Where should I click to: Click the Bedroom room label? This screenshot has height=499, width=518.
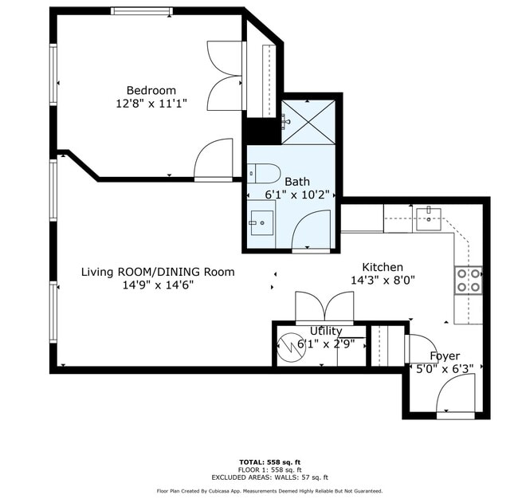pos(151,90)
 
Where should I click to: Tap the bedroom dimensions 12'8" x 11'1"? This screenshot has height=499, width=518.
pos(151,104)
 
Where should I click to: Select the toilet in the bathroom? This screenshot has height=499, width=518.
pos(264,172)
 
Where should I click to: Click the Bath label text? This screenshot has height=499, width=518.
pos(297,182)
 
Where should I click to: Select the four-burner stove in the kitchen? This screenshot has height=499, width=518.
pos(468,280)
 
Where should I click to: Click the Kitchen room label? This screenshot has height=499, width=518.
pos(383,267)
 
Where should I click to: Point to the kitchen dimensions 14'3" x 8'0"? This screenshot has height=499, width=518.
pos(383,281)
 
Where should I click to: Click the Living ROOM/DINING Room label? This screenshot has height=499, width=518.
pos(158,272)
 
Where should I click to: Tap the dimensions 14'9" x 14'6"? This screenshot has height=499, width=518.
pos(158,285)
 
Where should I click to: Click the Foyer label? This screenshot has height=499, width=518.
pos(445,356)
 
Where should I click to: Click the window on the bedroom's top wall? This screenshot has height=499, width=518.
pos(141,11)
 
